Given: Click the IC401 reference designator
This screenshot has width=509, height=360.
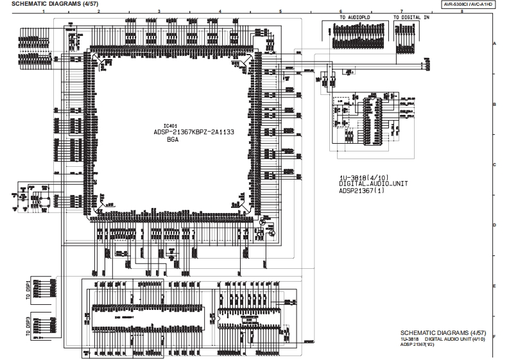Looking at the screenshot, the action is [170, 125].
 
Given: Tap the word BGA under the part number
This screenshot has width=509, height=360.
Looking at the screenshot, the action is [173, 139].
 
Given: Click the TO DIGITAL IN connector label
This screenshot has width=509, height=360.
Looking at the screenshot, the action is [411, 17].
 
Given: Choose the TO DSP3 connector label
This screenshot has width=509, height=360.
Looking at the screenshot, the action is [28, 325].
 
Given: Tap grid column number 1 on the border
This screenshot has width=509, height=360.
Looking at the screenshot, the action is [44, 12].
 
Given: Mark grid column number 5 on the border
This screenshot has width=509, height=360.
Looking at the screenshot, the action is [280, 12].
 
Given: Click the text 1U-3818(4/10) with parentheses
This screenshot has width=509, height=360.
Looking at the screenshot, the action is [363, 176].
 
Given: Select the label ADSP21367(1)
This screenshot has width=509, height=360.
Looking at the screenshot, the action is [364, 190].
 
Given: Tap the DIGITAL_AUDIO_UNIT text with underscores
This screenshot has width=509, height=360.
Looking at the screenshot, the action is [373, 184].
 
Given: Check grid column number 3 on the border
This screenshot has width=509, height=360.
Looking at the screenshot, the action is [159, 12].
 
